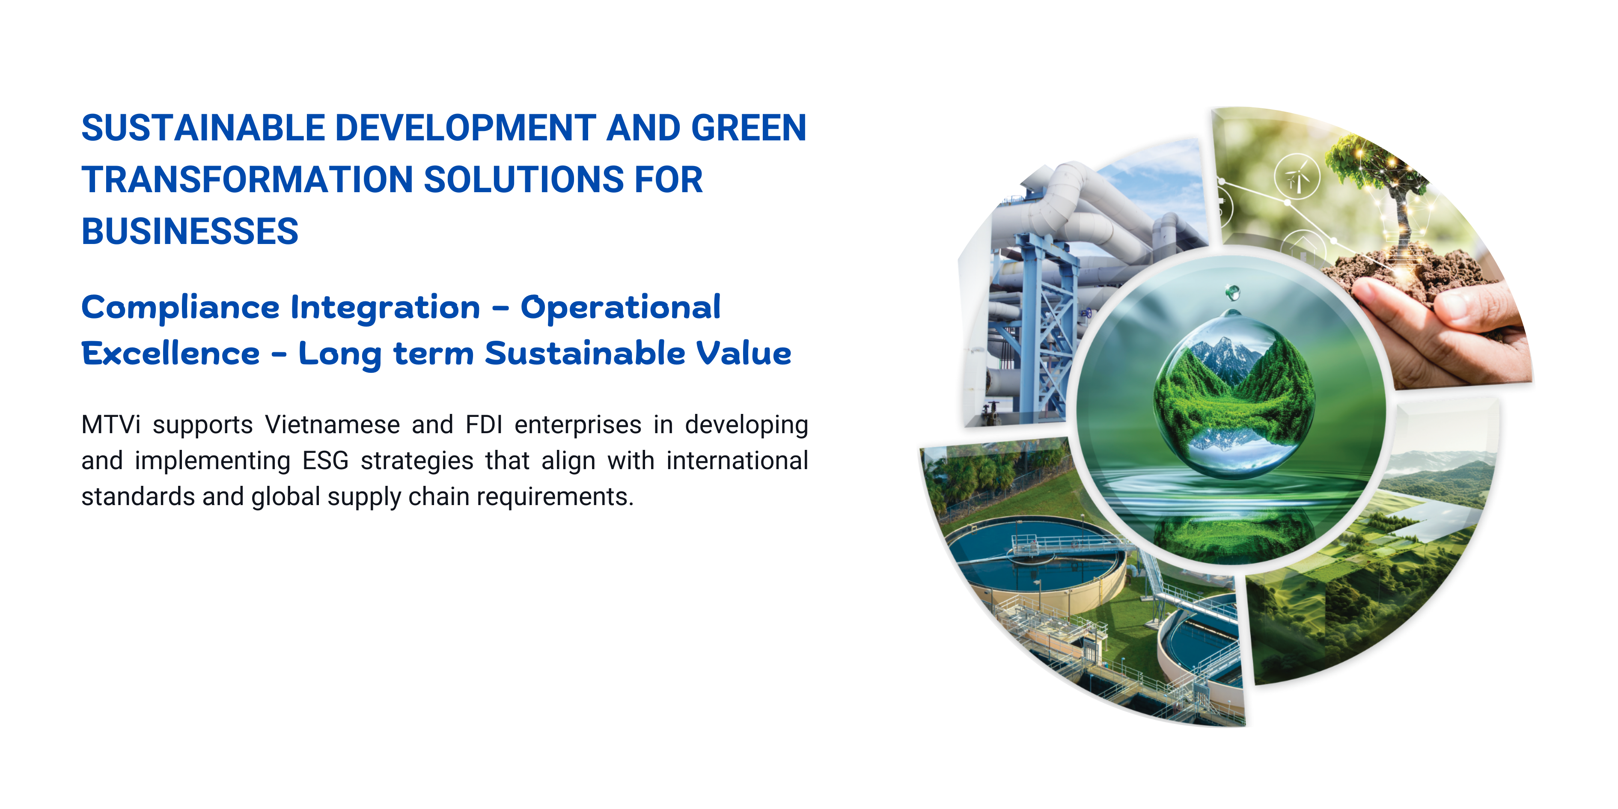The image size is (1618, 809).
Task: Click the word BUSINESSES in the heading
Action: coord(190,231)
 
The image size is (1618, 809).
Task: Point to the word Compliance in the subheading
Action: coord(180,308)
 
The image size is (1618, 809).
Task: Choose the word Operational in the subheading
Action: coord(621,308)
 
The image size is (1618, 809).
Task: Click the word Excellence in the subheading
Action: coord(170,353)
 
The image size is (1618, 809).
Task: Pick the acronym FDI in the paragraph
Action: coord(484,425)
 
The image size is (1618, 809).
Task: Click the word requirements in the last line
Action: coord(555,497)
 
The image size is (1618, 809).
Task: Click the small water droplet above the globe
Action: coord(1232,292)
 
